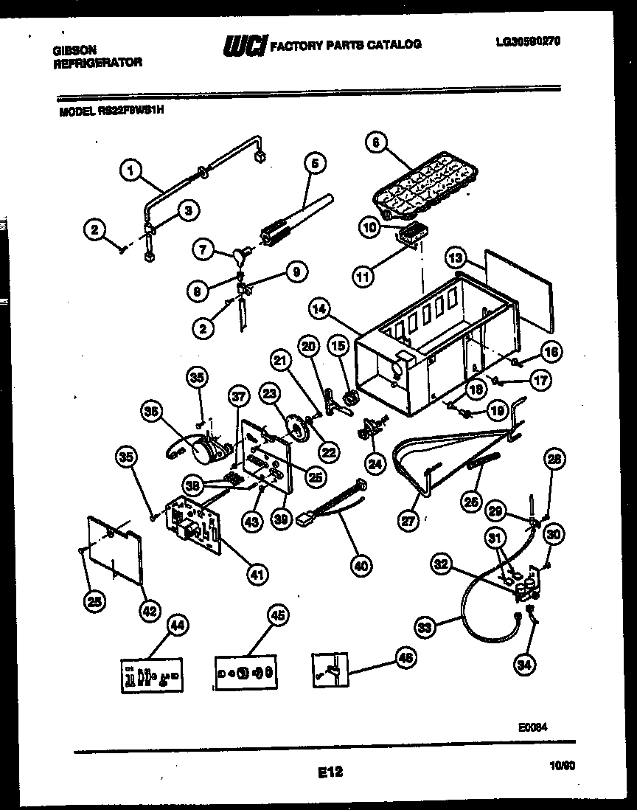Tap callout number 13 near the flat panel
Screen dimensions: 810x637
(x=456, y=257)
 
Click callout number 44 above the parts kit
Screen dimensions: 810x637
(x=176, y=624)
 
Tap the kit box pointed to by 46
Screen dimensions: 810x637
(x=328, y=672)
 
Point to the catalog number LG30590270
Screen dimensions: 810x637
(x=528, y=42)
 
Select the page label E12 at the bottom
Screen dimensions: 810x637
(x=330, y=772)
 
